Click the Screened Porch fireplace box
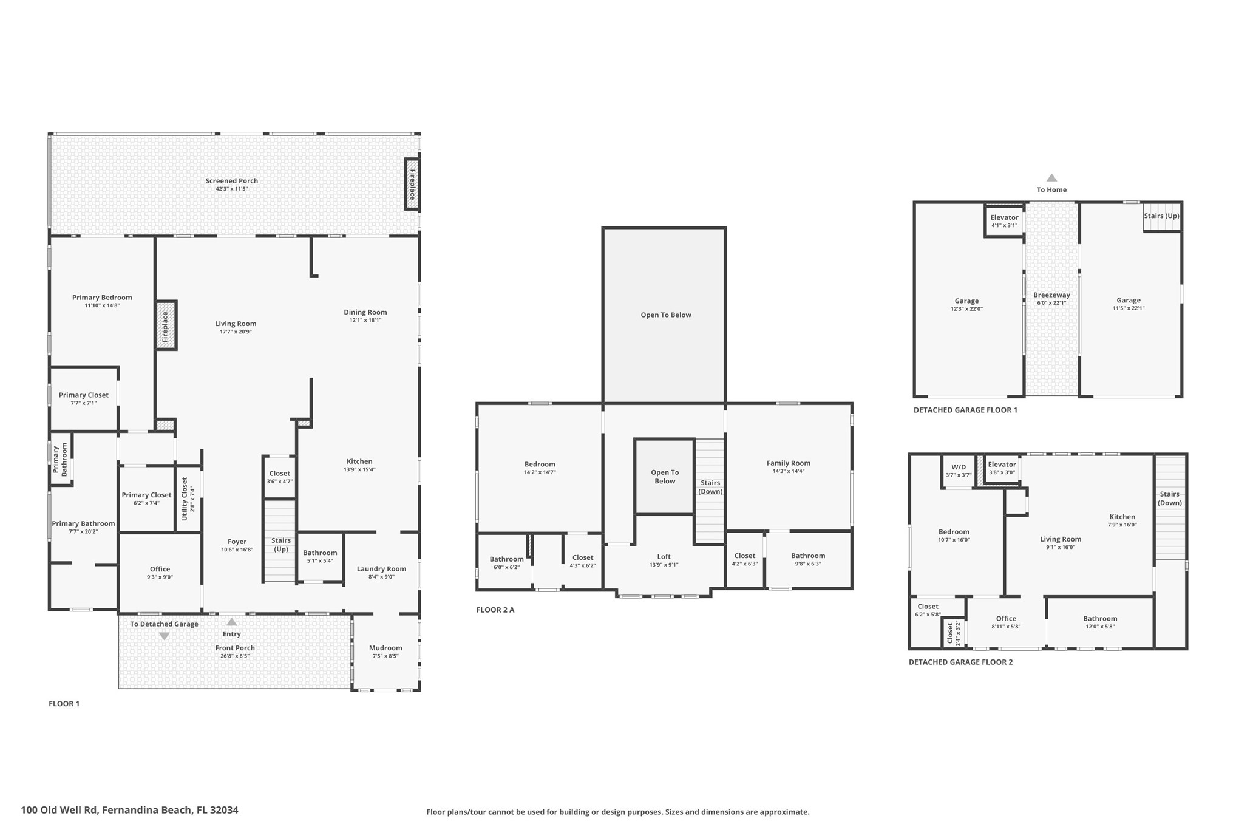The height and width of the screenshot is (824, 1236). click(412, 184)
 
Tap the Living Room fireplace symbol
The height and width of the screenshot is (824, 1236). click(166, 325)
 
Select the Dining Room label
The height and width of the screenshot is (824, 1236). click(365, 312)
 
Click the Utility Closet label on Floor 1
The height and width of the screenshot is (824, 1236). click(185, 499)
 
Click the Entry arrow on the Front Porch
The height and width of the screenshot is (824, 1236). click(231, 622)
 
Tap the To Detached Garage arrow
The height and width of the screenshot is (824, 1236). click(164, 636)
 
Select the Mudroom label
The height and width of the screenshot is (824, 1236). click(385, 648)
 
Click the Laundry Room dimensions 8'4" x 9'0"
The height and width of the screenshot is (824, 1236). click(381, 577)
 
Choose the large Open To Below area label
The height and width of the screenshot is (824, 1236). click(665, 315)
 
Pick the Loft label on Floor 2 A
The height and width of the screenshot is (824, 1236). click(664, 556)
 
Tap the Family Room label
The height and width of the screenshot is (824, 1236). click(788, 463)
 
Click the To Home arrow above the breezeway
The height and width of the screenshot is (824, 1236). click(1051, 178)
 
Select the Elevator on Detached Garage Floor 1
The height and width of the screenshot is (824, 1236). click(1004, 221)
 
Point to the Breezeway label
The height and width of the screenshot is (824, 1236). click(1051, 295)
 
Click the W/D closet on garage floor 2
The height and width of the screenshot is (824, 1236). click(959, 471)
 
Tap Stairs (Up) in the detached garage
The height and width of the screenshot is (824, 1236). click(1161, 216)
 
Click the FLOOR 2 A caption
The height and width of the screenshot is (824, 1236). click(495, 610)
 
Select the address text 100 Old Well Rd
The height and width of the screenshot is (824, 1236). click(129, 810)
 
